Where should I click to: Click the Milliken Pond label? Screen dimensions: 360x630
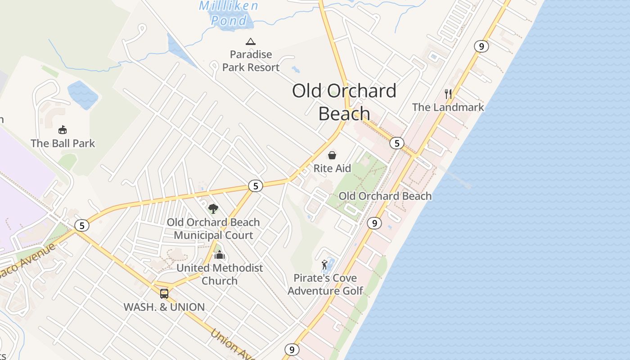pyautogui.click(x=229, y=13)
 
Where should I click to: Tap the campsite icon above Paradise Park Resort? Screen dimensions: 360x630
pyautogui.click(x=251, y=42)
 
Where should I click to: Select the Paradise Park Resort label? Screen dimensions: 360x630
pyautogui.click(x=251, y=61)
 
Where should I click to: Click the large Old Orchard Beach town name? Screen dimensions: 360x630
pyautogui.click(x=344, y=102)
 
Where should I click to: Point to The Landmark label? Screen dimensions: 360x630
pyautogui.click(x=448, y=107)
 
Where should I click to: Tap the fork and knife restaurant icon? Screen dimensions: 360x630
pyautogui.click(x=448, y=94)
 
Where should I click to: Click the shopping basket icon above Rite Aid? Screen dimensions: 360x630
pyautogui.click(x=332, y=155)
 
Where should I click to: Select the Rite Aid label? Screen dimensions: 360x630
pyautogui.click(x=332, y=168)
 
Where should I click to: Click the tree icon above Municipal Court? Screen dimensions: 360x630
pyautogui.click(x=213, y=208)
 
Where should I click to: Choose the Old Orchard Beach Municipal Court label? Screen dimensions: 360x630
pyautogui.click(x=213, y=229)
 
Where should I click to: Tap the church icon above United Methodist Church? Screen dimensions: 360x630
pyautogui.click(x=220, y=255)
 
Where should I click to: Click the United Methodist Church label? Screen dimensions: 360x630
pyautogui.click(x=220, y=274)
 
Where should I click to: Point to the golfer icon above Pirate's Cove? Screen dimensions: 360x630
pyautogui.click(x=324, y=265)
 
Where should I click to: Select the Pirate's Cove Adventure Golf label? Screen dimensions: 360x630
pyautogui.click(x=325, y=284)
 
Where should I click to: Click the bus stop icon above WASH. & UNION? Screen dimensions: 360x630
pyautogui.click(x=164, y=294)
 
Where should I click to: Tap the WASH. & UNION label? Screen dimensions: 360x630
pyautogui.click(x=164, y=307)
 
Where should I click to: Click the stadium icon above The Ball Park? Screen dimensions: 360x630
pyautogui.click(x=63, y=130)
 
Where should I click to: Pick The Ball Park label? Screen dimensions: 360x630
pyautogui.click(x=63, y=144)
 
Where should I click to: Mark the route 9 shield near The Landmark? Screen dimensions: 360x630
pyautogui.click(x=481, y=46)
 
